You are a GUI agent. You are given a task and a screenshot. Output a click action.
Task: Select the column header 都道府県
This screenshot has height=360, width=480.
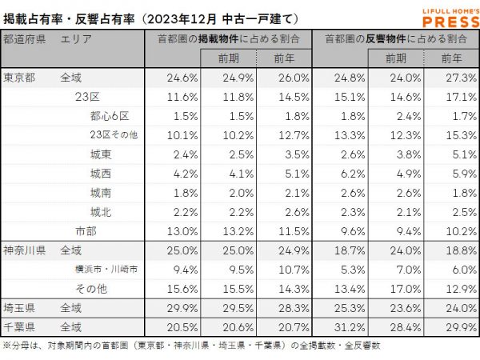24,38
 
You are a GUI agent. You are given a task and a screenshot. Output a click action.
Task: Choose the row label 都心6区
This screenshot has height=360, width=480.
107,115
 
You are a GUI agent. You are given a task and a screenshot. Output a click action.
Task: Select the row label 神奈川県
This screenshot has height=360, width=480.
24,250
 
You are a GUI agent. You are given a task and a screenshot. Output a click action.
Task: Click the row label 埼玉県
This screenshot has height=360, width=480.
19,306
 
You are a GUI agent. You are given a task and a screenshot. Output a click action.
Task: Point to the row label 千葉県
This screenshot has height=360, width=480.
19,326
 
